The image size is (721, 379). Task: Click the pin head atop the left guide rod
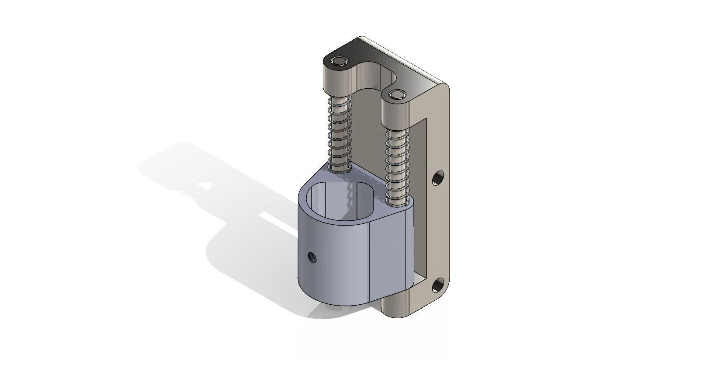click(x=339, y=60)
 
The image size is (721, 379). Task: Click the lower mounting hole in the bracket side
click(x=437, y=286)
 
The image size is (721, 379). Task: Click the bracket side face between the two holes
click(x=438, y=232)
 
